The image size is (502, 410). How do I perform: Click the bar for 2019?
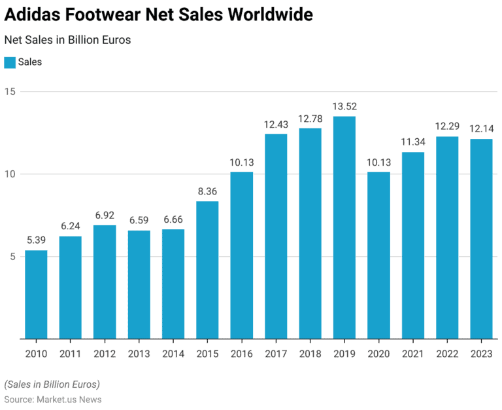(x=344, y=227)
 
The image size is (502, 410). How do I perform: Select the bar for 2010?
(x=36, y=295)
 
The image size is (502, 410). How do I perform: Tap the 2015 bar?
(x=207, y=270)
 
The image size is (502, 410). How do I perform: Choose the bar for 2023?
(x=481, y=239)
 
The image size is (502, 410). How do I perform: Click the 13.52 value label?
(x=344, y=106)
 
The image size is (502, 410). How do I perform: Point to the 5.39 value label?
(x=36, y=240)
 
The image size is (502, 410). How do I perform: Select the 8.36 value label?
(x=207, y=191)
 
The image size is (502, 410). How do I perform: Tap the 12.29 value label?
(x=447, y=126)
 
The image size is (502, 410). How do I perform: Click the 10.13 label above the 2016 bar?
(x=242, y=162)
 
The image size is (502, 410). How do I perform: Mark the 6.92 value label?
(x=105, y=215)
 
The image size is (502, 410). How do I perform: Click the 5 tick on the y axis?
(x=12, y=257)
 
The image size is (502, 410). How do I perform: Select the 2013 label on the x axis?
(x=139, y=354)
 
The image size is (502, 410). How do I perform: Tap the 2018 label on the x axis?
(x=310, y=354)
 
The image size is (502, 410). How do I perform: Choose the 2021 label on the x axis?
(x=413, y=354)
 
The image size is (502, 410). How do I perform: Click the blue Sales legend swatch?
(x=9, y=63)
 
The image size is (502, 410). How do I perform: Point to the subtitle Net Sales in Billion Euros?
(x=67, y=40)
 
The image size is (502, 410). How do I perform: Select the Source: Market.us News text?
(x=52, y=399)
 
